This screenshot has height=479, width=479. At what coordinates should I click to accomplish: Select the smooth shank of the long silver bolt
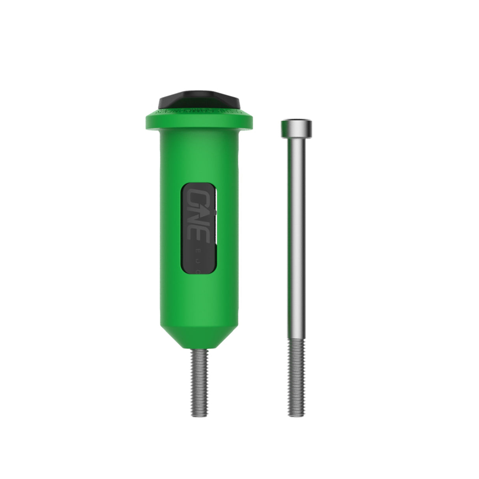click(296, 237)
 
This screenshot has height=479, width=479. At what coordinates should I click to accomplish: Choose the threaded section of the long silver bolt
click(296, 379)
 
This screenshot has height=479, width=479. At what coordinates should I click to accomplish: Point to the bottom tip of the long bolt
click(296, 415)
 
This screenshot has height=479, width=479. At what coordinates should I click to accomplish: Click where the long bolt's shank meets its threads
click(296, 341)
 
